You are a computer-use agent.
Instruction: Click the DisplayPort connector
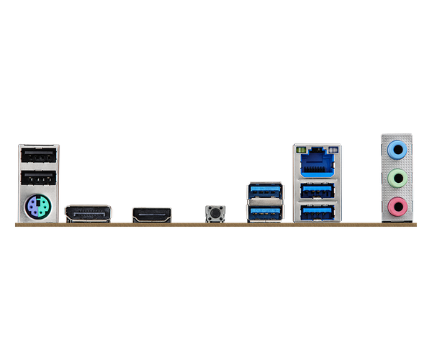click(x=89, y=213)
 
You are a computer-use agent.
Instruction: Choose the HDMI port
click(x=152, y=214)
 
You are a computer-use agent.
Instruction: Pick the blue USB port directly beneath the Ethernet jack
click(x=317, y=191)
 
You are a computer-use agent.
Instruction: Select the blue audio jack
click(x=397, y=150)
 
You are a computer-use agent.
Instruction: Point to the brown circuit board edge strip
click(x=216, y=225)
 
